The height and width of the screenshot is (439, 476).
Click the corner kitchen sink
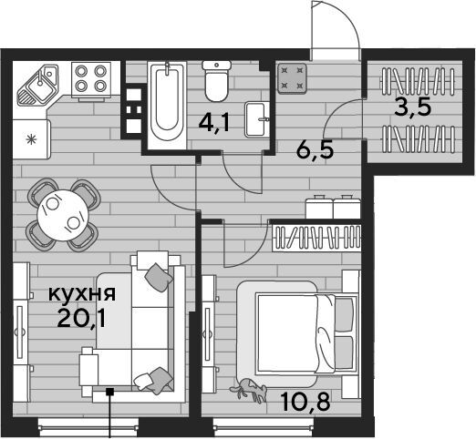point(37,85)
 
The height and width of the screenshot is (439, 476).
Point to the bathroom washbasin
point(257,119)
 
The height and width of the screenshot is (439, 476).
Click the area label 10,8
point(305,401)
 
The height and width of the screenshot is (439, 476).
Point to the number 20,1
point(81,319)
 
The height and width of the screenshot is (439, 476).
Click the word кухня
point(82,293)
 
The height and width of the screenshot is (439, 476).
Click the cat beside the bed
point(249,390)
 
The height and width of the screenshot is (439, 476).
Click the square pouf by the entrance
point(292,77)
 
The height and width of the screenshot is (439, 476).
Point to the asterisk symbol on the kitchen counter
point(31,139)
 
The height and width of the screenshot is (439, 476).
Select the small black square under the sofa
point(109,392)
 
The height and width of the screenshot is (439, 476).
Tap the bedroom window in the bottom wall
point(264,427)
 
